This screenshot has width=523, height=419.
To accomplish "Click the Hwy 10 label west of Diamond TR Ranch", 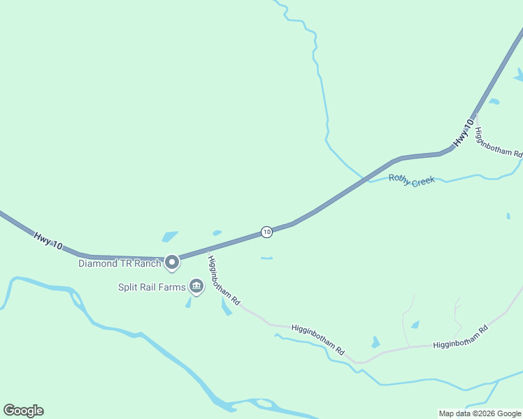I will coord(48,241).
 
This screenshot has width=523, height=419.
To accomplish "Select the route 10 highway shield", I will coord(266,232).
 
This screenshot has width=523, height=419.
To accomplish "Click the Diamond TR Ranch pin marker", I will coord(172,263).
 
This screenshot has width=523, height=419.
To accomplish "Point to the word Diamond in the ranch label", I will coord(96,264).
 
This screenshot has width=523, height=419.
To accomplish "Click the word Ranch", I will coord(149,264).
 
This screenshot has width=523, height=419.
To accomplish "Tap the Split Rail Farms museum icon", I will coord(196,286).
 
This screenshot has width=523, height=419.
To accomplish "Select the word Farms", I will coord(172,287).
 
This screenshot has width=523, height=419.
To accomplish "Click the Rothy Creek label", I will coord(412,180).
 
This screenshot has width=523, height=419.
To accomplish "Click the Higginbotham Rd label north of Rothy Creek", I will coord(498,143).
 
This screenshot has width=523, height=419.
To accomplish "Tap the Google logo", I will coord(23,411).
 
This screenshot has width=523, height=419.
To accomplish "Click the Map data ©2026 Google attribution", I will coord(480,413).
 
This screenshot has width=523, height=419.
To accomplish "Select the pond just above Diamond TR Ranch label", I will coord(170,237).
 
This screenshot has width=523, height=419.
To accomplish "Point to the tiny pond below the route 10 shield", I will coord(266,258).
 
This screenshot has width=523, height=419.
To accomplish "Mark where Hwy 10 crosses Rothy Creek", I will coord(364,179).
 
